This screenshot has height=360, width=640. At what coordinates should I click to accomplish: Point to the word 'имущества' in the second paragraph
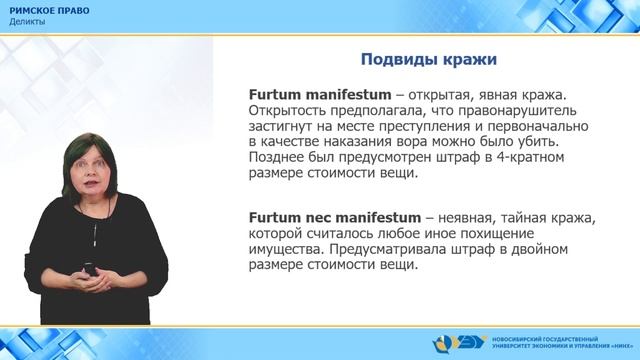click(x=283, y=250)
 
